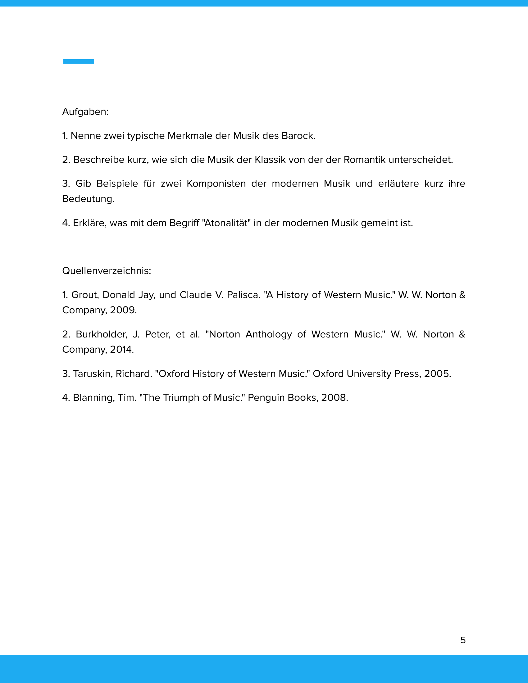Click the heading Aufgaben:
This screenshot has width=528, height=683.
click(x=85, y=112)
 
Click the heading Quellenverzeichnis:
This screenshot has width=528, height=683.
click(x=107, y=271)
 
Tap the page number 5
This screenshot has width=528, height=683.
click(x=463, y=640)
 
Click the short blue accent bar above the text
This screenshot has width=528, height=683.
click(x=79, y=61)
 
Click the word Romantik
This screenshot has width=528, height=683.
click(x=364, y=160)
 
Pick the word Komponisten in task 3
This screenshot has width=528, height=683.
click(x=216, y=183)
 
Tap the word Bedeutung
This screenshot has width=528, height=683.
click(x=88, y=199)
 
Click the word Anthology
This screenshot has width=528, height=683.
click(x=269, y=334)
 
